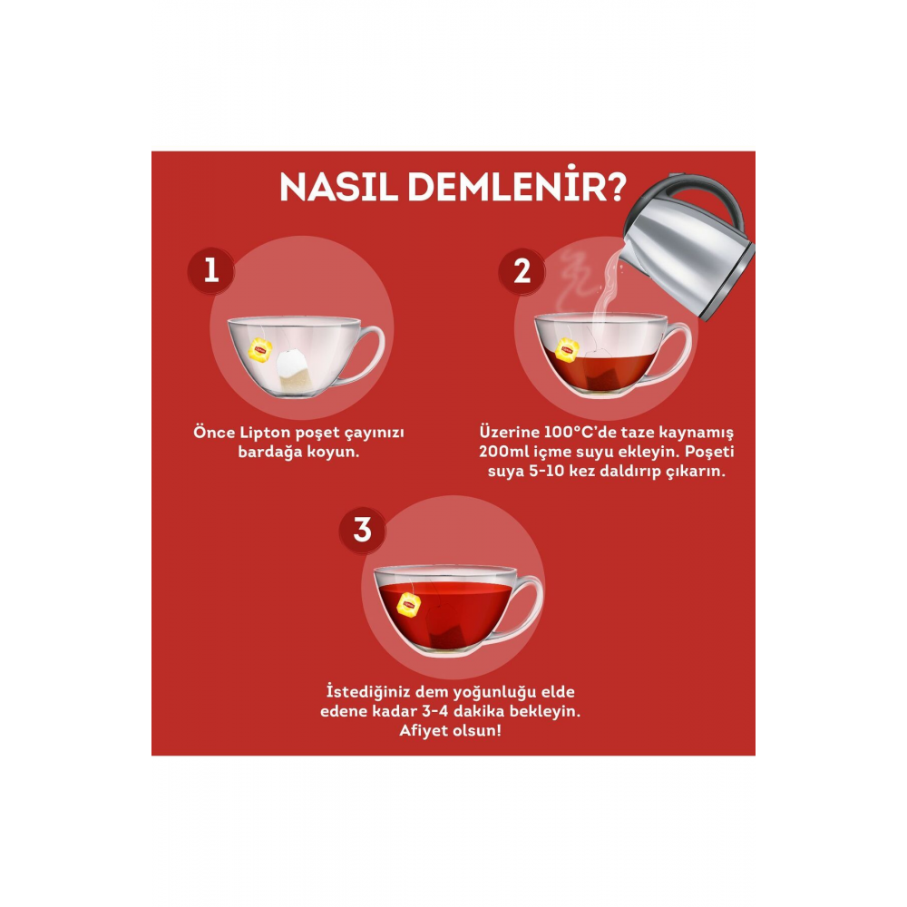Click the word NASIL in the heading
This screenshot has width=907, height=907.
point(339,187)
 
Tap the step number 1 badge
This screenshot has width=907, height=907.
point(211,270)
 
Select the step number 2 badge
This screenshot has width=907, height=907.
point(522,270)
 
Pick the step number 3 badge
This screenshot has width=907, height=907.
point(362,530)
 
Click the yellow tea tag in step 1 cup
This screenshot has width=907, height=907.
point(259,350)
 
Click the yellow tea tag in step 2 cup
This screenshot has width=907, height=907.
point(567,350)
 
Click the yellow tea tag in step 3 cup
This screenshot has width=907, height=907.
point(409,604)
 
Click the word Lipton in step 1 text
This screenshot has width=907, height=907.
point(266,434)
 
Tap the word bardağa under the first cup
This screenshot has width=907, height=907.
point(270,452)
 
